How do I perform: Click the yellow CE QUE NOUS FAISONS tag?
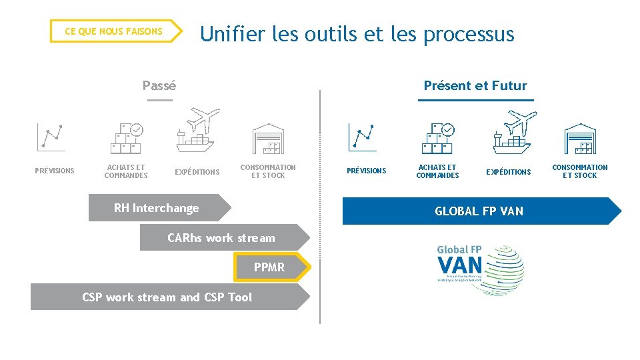click(x=114, y=31)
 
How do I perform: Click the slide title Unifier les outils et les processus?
click(x=357, y=33)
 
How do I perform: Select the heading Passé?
click(x=159, y=85)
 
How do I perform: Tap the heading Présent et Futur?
click(x=475, y=85)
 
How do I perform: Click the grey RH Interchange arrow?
click(x=159, y=208)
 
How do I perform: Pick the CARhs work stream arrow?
click(x=223, y=238)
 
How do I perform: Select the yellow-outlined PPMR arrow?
click(x=271, y=267)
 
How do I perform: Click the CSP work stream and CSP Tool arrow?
click(x=169, y=297)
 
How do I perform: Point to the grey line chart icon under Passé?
click(x=51, y=137)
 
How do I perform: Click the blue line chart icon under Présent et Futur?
click(x=363, y=137)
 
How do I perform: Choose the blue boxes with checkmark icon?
click(x=437, y=138)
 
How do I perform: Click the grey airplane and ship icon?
click(x=197, y=131)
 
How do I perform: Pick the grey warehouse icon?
click(x=268, y=139)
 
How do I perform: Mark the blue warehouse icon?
click(x=579, y=139)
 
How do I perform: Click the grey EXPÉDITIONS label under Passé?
click(x=197, y=172)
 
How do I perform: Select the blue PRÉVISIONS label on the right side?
click(x=366, y=171)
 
